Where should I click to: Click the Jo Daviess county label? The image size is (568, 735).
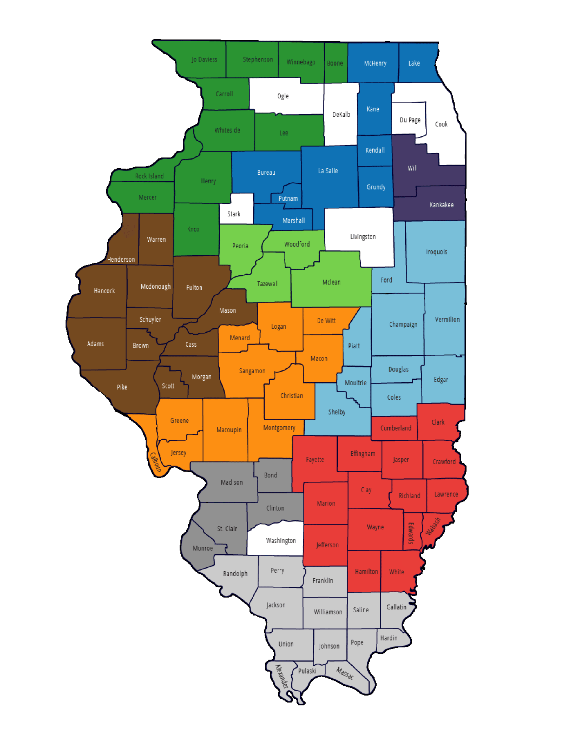(x=204, y=60)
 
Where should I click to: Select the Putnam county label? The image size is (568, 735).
(x=288, y=198)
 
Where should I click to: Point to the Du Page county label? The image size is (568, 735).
(x=410, y=120)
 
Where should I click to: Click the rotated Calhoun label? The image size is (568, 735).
(x=156, y=462)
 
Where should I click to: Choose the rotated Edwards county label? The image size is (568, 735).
(x=411, y=533)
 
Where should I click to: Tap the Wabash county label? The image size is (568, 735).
(x=433, y=526)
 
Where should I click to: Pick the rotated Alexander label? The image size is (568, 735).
(x=282, y=676)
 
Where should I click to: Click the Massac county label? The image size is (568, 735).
(x=345, y=673)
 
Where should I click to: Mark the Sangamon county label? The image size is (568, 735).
(x=252, y=371)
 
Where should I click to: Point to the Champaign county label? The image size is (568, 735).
(x=403, y=324)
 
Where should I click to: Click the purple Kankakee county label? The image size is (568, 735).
(x=442, y=205)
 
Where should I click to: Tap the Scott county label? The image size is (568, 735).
(x=168, y=386)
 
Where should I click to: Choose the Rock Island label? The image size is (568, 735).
(x=149, y=176)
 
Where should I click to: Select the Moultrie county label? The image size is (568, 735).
(x=355, y=383)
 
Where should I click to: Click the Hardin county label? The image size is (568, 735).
(x=389, y=638)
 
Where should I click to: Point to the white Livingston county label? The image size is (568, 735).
(x=363, y=237)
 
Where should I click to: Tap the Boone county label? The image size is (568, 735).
(x=335, y=63)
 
